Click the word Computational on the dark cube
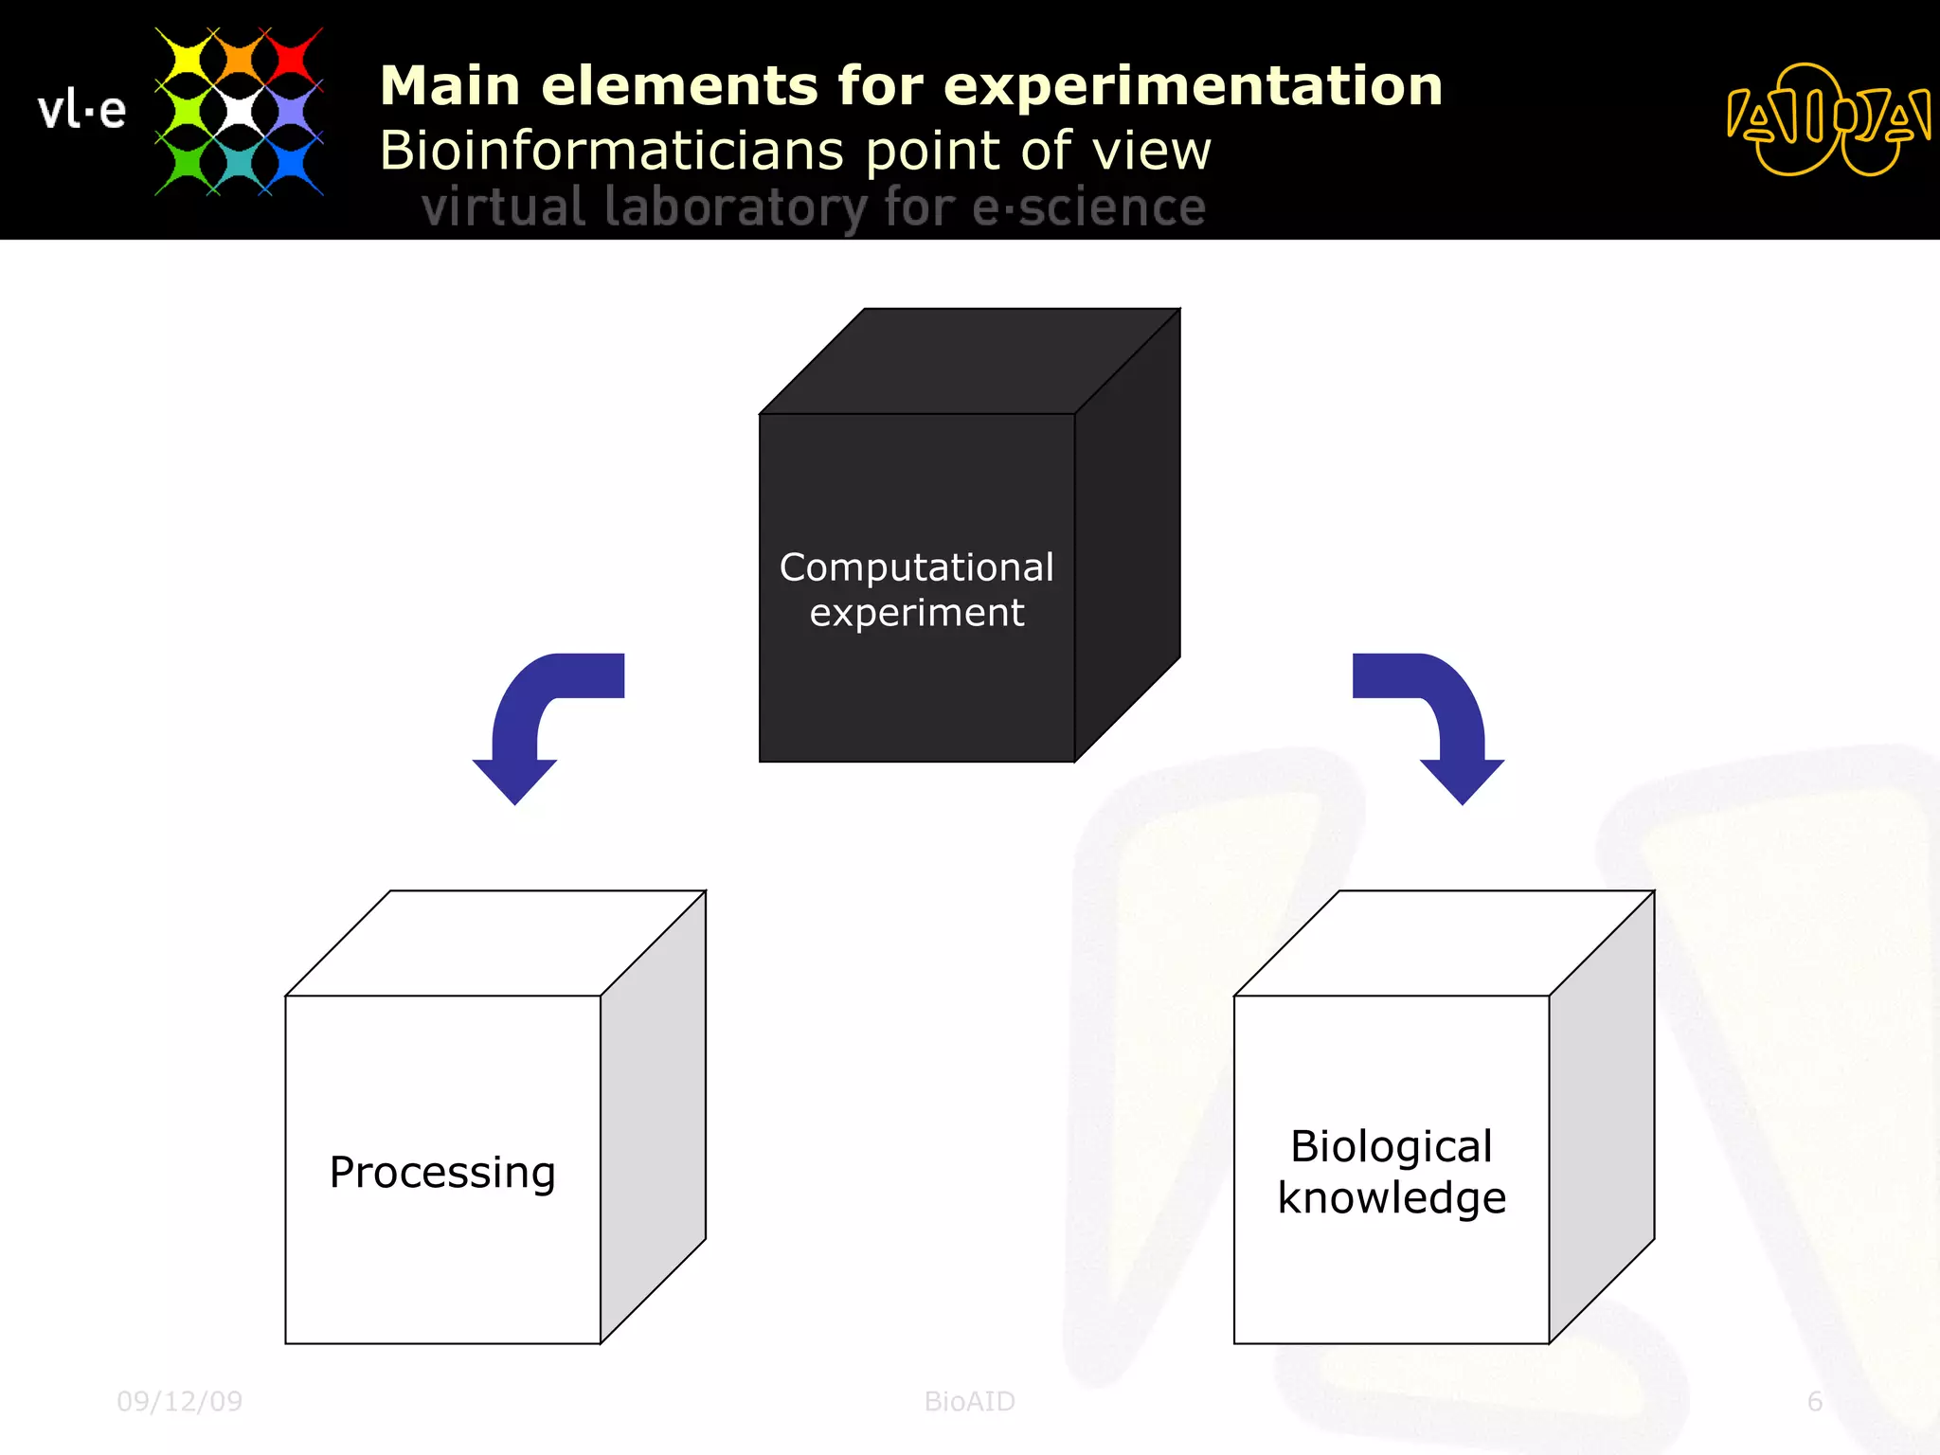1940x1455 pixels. (916, 567)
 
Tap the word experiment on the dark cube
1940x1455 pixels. (916, 613)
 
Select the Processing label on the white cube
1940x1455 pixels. (442, 1173)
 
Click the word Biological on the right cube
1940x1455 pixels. (1391, 1146)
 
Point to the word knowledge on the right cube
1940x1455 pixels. (1391, 1198)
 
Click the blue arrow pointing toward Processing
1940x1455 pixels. (530, 720)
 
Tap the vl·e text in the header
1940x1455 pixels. (81, 111)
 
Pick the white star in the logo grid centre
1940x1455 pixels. (239, 112)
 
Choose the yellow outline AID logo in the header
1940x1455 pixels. (1827, 119)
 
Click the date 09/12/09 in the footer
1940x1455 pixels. (179, 1401)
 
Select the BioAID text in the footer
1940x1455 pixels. (969, 1401)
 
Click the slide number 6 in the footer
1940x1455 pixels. (1814, 1401)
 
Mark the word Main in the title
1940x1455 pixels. (450, 86)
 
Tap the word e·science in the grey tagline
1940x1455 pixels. (1088, 207)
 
